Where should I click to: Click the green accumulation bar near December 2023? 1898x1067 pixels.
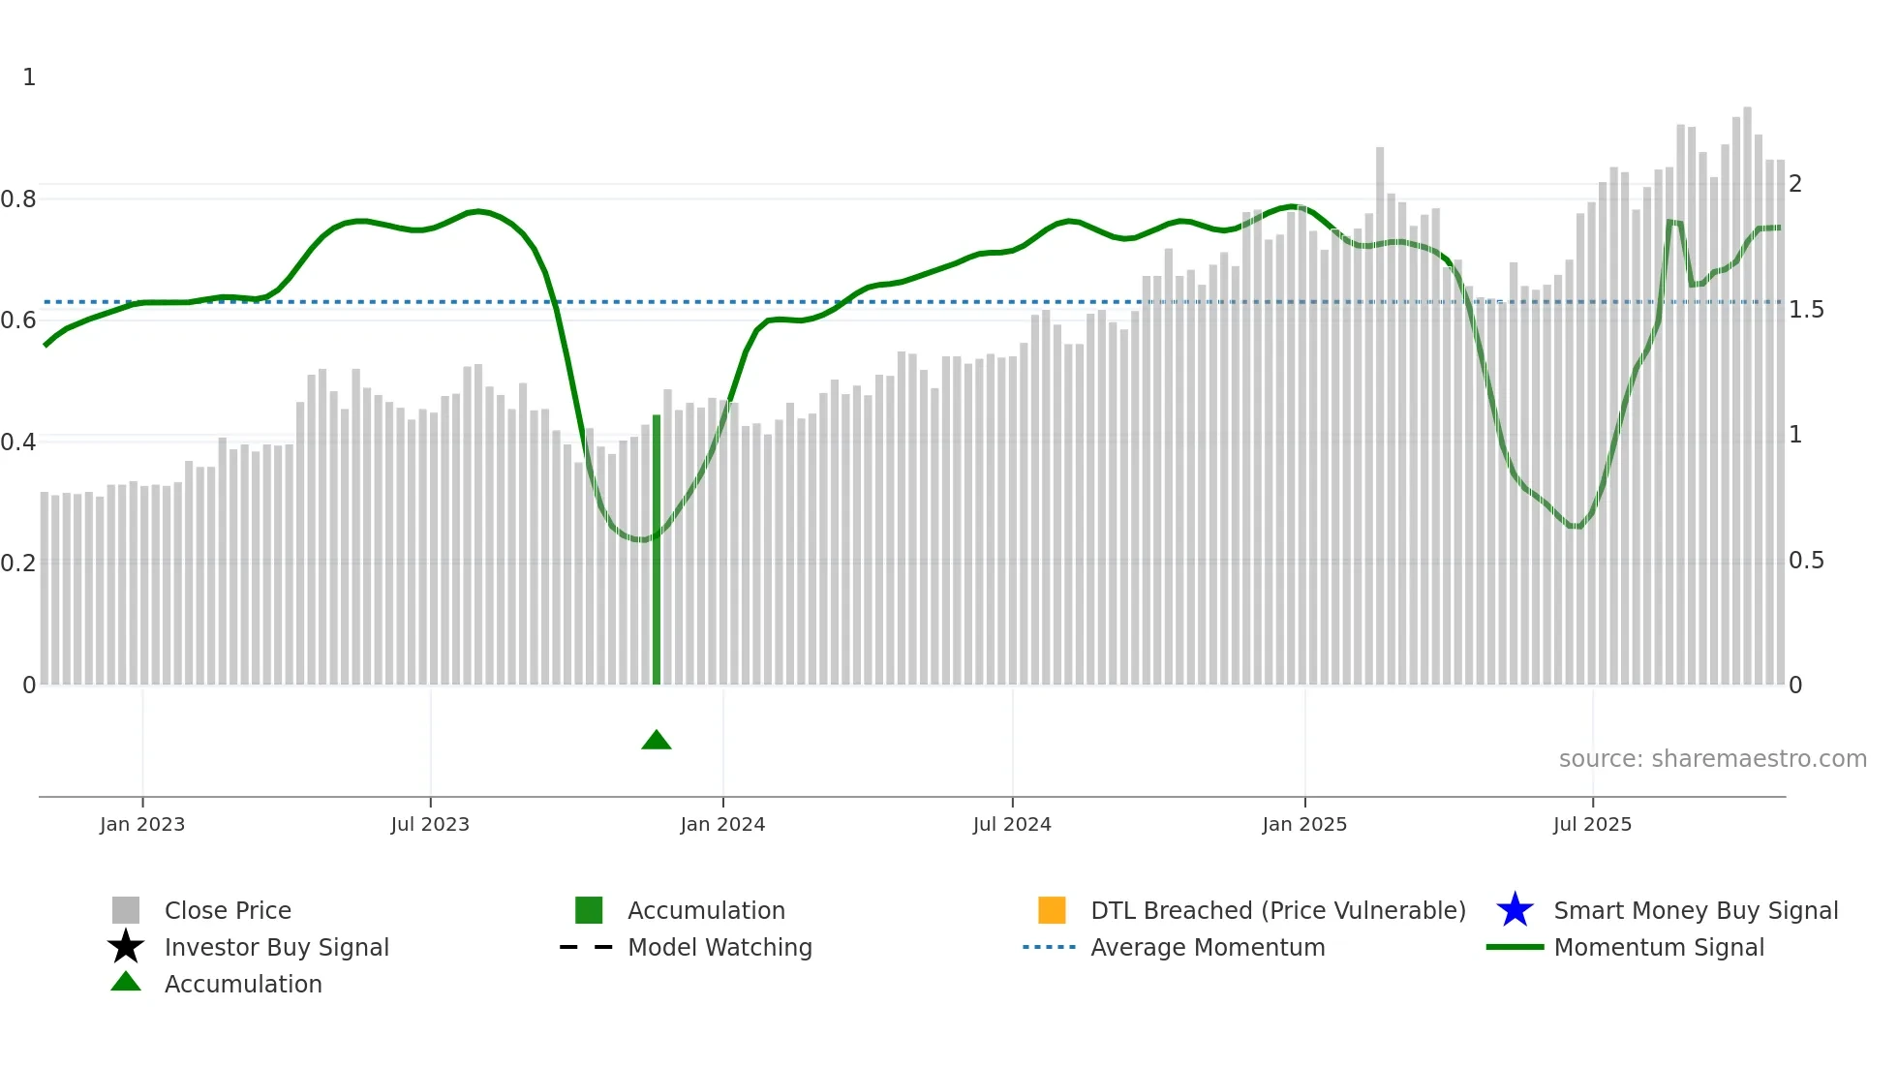[657, 552]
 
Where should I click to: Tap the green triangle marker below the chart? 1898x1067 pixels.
[657, 741]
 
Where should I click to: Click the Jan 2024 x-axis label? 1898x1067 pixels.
[722, 824]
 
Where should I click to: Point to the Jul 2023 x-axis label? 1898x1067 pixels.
[430, 824]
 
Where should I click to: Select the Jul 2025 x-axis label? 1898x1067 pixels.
[1592, 824]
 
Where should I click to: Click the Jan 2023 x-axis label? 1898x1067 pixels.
[142, 824]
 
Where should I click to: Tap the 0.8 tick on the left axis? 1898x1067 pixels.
[18, 199]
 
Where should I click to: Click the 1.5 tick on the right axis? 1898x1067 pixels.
[1806, 310]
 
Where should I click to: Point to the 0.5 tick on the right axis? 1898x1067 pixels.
[1806, 561]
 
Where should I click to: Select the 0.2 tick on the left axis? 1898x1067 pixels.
[18, 564]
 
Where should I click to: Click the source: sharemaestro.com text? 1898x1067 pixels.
[1712, 759]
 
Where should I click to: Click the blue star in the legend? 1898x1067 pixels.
[1515, 910]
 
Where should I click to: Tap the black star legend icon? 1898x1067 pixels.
[126, 947]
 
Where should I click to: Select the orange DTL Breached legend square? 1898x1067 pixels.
[1052, 910]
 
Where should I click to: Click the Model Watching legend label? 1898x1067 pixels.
[719, 947]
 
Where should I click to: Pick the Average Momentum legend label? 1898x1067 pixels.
[1208, 947]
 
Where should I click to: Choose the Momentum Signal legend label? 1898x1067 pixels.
[1659, 947]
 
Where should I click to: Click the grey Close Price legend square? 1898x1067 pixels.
[126, 910]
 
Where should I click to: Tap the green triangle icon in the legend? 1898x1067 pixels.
[126, 982]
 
